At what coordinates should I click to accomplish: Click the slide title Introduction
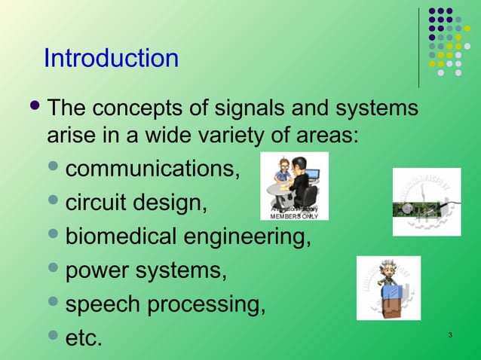pyautogui.click(x=111, y=58)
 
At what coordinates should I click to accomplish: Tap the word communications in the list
pyautogui.click(x=153, y=169)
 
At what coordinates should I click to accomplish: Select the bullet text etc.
pyautogui.click(x=84, y=339)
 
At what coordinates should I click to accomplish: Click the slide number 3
pyautogui.click(x=449, y=334)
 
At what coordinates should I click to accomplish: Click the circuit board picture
pyautogui.click(x=427, y=202)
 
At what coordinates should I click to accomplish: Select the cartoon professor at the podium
pyautogui.click(x=388, y=288)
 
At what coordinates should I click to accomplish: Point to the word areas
pyautogui.click(x=325, y=136)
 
